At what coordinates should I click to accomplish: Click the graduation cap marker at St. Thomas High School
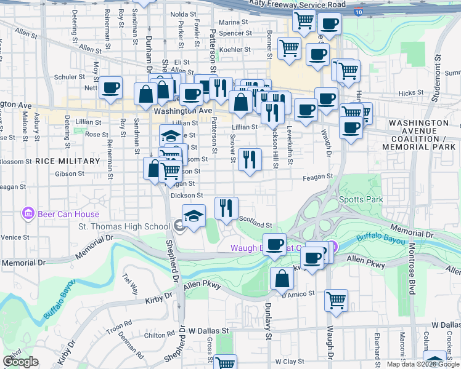pyautogui.click(x=194, y=216)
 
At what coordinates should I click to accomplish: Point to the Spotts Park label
pyautogui.click(x=361, y=199)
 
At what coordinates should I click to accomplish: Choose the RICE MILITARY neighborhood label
pyautogui.click(x=67, y=161)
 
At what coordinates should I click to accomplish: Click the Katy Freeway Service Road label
pyautogui.click(x=298, y=4)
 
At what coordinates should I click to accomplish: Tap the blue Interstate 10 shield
pyautogui.click(x=359, y=12)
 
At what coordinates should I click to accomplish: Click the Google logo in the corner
pyautogui.click(x=20, y=362)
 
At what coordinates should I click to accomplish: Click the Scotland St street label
pyautogui.click(x=255, y=220)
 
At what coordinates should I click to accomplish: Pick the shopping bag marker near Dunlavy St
pyautogui.click(x=282, y=278)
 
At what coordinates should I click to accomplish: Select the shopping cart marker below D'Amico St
pyautogui.click(x=336, y=300)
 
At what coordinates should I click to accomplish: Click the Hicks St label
pyautogui.click(x=408, y=93)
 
